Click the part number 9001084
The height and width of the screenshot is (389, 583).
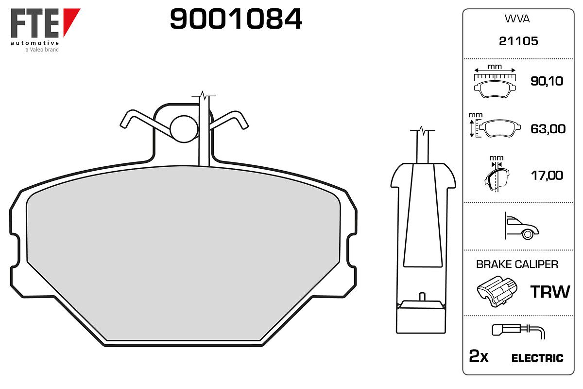236,19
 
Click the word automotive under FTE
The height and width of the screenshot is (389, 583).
34,43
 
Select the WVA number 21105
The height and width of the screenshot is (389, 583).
518,41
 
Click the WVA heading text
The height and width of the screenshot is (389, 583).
517,19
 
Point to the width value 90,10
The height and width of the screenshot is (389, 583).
547,81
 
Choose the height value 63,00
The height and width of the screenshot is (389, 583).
548,129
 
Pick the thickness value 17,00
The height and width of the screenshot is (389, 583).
547,176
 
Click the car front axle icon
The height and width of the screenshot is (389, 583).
521,226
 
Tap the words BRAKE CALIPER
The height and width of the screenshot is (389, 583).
517,265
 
